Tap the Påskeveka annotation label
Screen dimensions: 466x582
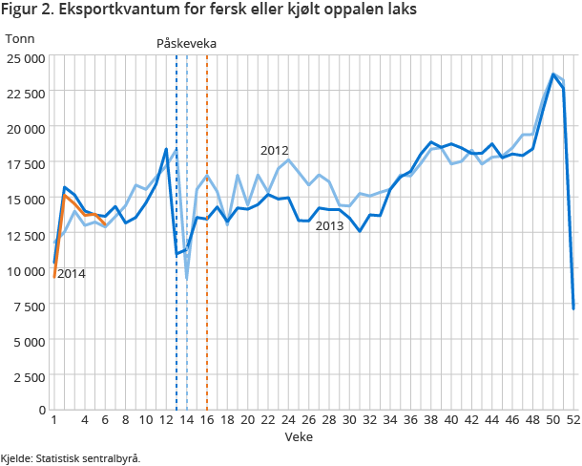(186, 44)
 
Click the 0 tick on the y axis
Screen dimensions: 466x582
(41, 410)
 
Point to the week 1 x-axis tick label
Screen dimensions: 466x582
(54, 420)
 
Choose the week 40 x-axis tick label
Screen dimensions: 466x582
(451, 420)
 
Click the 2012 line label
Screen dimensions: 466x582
(274, 150)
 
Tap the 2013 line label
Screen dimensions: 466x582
(329, 225)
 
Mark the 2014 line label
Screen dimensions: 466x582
(71, 274)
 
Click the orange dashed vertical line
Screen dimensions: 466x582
(207, 286)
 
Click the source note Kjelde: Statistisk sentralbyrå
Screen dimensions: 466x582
(71, 458)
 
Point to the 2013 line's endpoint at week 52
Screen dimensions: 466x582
(573, 308)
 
